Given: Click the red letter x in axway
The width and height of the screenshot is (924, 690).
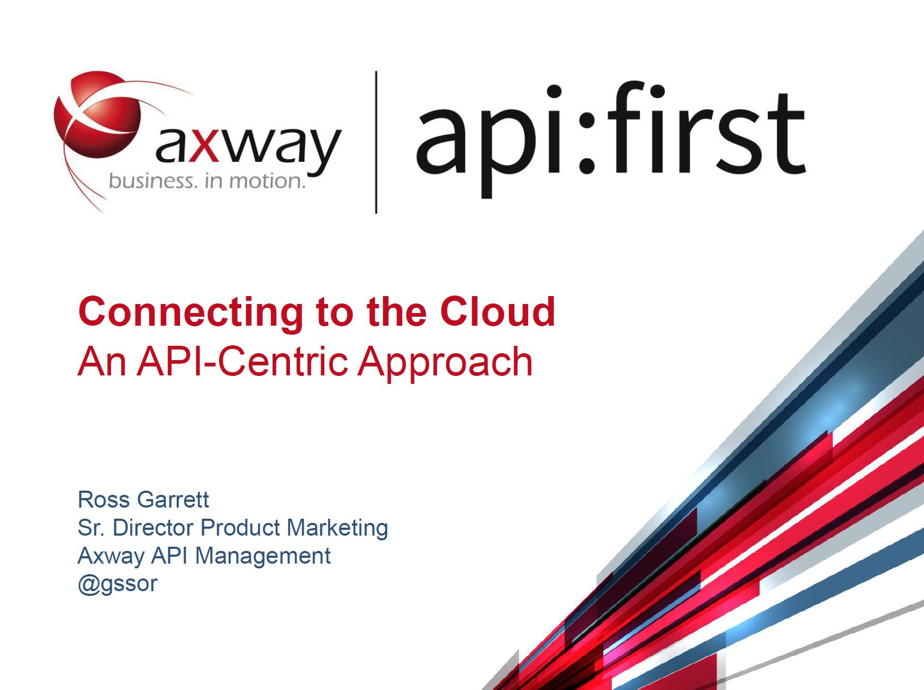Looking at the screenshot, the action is coord(204,144).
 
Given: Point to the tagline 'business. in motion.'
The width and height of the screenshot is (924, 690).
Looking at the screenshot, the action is coord(207,181).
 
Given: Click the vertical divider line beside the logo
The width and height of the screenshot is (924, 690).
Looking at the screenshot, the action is coord(376,142).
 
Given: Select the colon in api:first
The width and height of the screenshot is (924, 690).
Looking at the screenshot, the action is coord(586,130).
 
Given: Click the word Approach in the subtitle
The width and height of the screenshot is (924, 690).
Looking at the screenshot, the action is coord(446,363).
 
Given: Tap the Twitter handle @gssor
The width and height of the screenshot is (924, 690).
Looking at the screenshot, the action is coord(117,584).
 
